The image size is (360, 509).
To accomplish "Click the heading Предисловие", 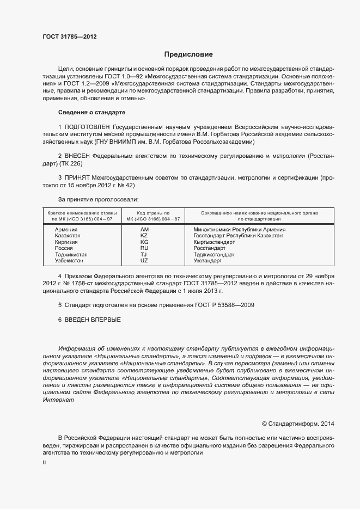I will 188,54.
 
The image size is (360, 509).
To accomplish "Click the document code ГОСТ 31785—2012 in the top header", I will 70,36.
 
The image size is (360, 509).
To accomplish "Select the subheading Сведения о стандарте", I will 91,112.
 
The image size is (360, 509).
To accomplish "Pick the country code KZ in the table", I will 144,236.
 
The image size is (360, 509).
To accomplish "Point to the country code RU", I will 144,248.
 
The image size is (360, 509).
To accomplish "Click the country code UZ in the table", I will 144,261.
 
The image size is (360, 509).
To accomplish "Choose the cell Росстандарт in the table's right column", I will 210,248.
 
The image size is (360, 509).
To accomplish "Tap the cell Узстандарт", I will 208,261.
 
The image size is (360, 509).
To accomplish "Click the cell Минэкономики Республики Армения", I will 240,230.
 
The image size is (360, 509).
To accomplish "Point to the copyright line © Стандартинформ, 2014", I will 298,423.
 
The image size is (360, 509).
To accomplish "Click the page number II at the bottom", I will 44,462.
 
